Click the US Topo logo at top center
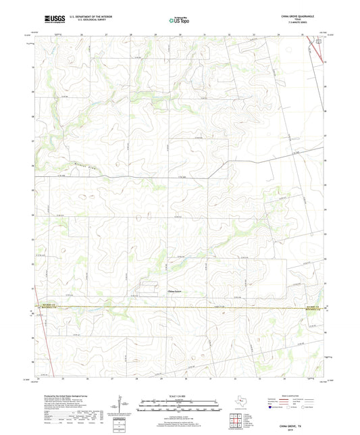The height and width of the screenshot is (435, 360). pos(179,21)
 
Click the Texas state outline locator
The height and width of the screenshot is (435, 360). pos(241,403)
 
